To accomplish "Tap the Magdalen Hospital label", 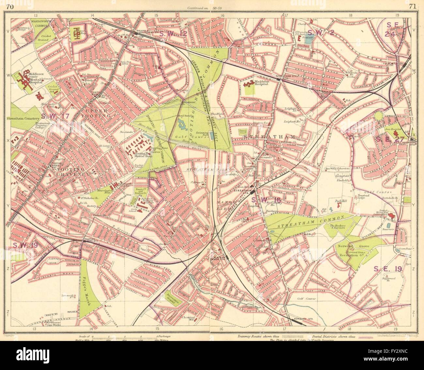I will (265, 84).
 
